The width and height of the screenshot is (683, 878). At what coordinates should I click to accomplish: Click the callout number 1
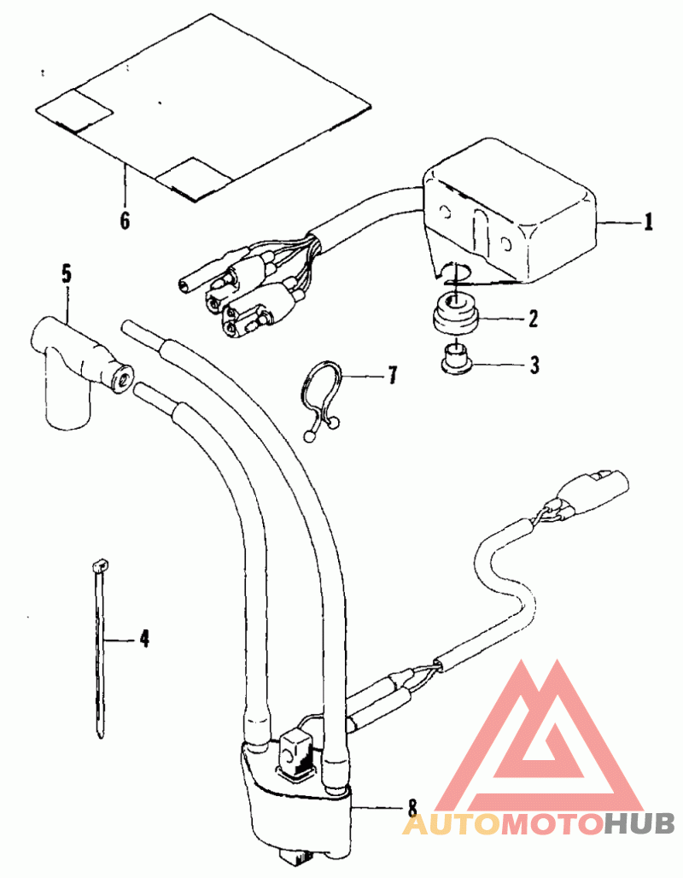pos(648,222)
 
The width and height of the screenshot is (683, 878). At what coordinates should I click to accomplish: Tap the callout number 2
pos(533,319)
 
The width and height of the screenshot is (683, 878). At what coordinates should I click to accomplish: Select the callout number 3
pos(534,365)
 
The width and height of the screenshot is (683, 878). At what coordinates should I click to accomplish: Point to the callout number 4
pos(145,638)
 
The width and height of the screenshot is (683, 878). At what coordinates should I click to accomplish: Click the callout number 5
pos(67,274)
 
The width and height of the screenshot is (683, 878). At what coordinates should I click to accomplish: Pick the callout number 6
pos(125,220)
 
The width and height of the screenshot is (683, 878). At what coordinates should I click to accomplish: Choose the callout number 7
pos(393,375)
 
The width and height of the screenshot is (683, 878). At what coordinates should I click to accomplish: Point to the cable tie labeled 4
pos(100,650)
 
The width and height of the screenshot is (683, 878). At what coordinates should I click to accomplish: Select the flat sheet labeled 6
pos(201,107)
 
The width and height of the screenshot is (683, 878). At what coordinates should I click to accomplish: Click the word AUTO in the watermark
pos(450,823)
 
